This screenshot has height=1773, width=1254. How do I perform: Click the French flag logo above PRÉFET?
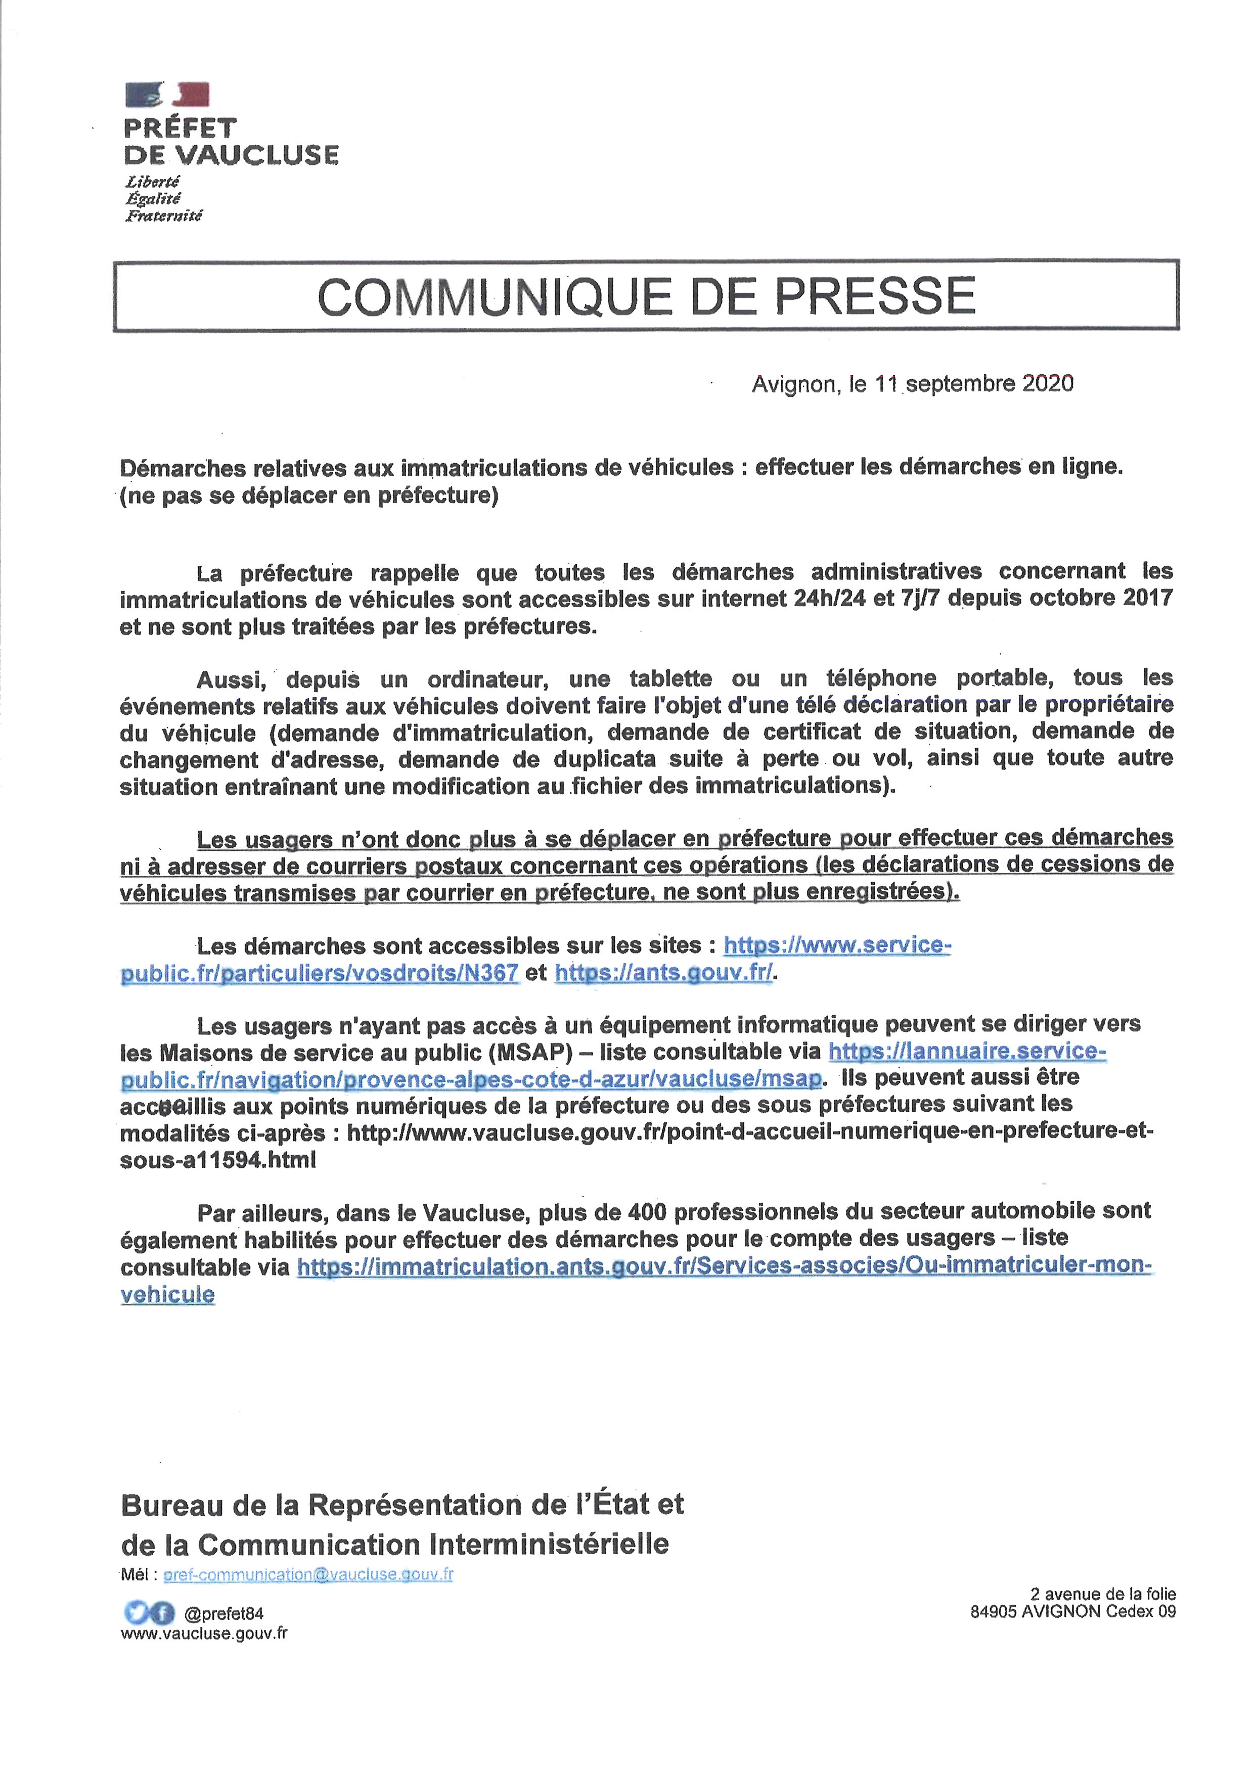pos(167,94)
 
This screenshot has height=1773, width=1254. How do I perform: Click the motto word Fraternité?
pos(164,215)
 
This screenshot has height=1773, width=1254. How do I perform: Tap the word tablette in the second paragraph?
pos(670,679)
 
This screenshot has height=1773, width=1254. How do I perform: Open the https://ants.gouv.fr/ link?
pos(663,973)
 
